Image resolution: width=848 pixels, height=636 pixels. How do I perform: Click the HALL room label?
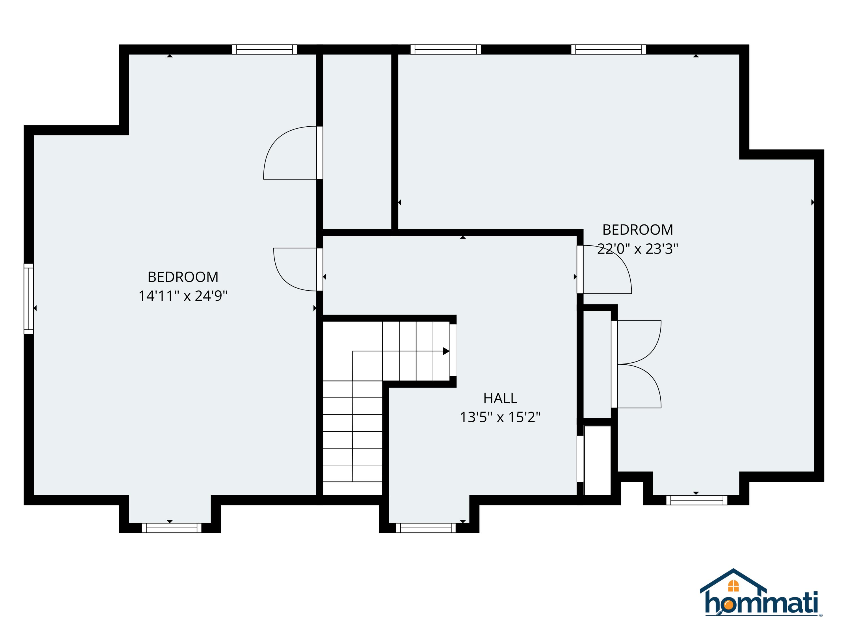pos(500,398)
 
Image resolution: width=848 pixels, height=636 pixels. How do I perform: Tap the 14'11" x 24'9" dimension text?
pos(183,296)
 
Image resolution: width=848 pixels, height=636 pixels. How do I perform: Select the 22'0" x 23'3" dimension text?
pos(637,249)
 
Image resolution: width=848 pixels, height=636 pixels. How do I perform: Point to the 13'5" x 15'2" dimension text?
pos(500,417)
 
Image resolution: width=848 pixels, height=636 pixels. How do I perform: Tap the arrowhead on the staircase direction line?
pos(446,351)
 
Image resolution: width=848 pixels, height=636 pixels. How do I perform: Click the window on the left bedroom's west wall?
pos(29,299)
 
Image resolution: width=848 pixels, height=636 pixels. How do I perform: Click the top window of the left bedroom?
pos(265,49)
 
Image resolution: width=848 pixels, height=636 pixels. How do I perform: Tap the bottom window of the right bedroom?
pos(696,500)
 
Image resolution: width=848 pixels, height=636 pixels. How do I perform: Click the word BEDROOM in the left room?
pos(183,277)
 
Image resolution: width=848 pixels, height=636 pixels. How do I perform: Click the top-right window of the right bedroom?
pos(608,49)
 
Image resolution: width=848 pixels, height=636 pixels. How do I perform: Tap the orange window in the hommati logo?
pos(733,586)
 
